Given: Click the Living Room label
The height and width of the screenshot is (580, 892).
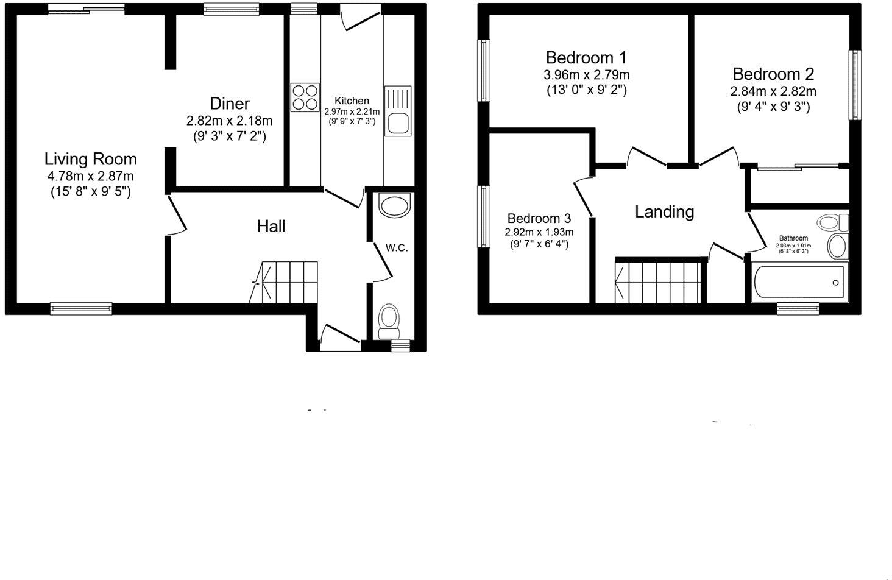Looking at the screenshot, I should point(90,160).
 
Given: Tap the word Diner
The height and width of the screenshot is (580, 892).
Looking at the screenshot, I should point(229,104).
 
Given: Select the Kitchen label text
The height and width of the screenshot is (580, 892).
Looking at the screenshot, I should point(352,101).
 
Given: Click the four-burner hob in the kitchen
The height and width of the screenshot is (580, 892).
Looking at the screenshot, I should point(305,97).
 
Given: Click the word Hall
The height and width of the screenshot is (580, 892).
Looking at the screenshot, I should point(271,227).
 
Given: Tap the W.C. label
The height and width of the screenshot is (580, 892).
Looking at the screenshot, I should point(396,248).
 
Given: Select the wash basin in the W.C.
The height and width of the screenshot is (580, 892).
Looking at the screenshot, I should point(395,205).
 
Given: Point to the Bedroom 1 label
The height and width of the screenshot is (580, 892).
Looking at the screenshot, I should point(586,58).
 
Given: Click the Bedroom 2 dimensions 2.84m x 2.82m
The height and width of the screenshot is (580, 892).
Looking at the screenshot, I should point(773,91).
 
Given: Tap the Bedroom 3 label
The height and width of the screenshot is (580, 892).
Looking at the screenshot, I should point(539,219).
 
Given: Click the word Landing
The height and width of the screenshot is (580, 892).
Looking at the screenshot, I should point(664,212).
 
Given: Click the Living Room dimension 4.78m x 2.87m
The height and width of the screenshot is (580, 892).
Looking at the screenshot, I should point(90,177).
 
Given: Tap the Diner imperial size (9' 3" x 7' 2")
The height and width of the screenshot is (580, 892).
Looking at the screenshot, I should point(229,136).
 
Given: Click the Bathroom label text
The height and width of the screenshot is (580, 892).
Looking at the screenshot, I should point(793,238).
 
